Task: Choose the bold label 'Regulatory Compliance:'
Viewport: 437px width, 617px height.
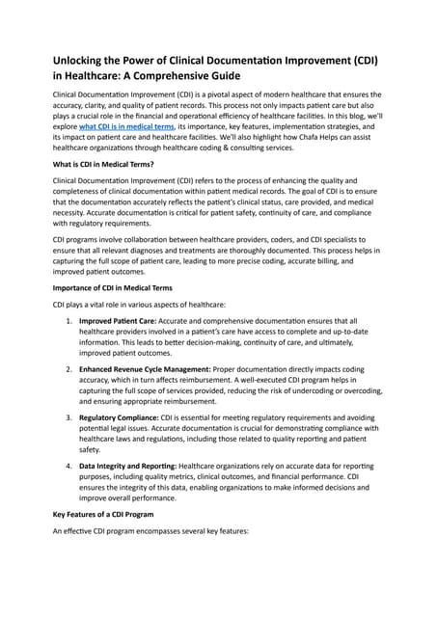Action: pyautogui.click(x=123, y=416)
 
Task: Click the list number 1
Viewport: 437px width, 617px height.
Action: pyautogui.click(x=68, y=322)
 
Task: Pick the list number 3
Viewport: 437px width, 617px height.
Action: pyautogui.click(x=68, y=416)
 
